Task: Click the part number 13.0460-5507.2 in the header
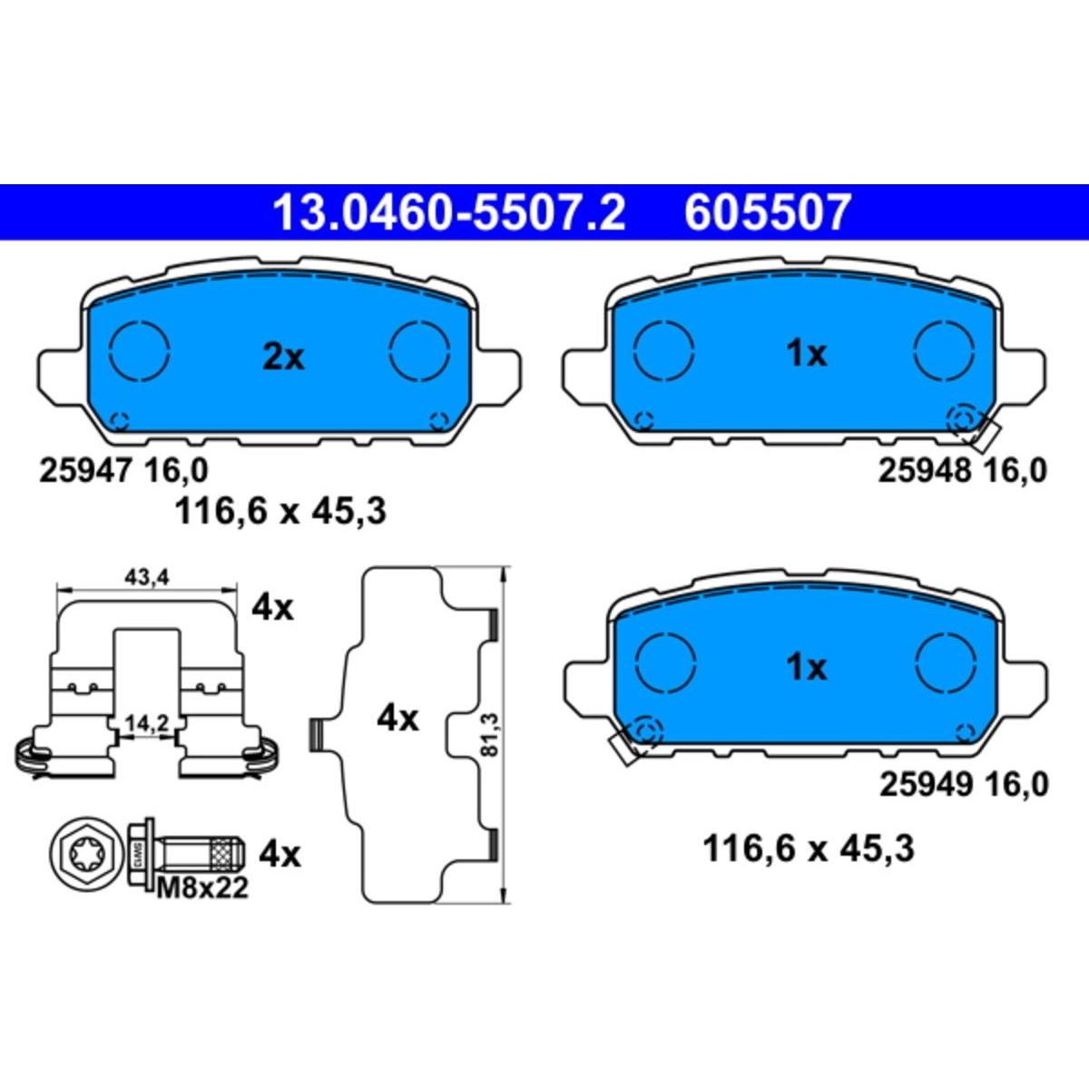click(448, 212)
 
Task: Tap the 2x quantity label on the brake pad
click(283, 358)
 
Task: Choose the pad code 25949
click(925, 785)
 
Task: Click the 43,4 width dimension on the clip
click(147, 577)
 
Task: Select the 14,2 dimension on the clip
click(148, 723)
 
